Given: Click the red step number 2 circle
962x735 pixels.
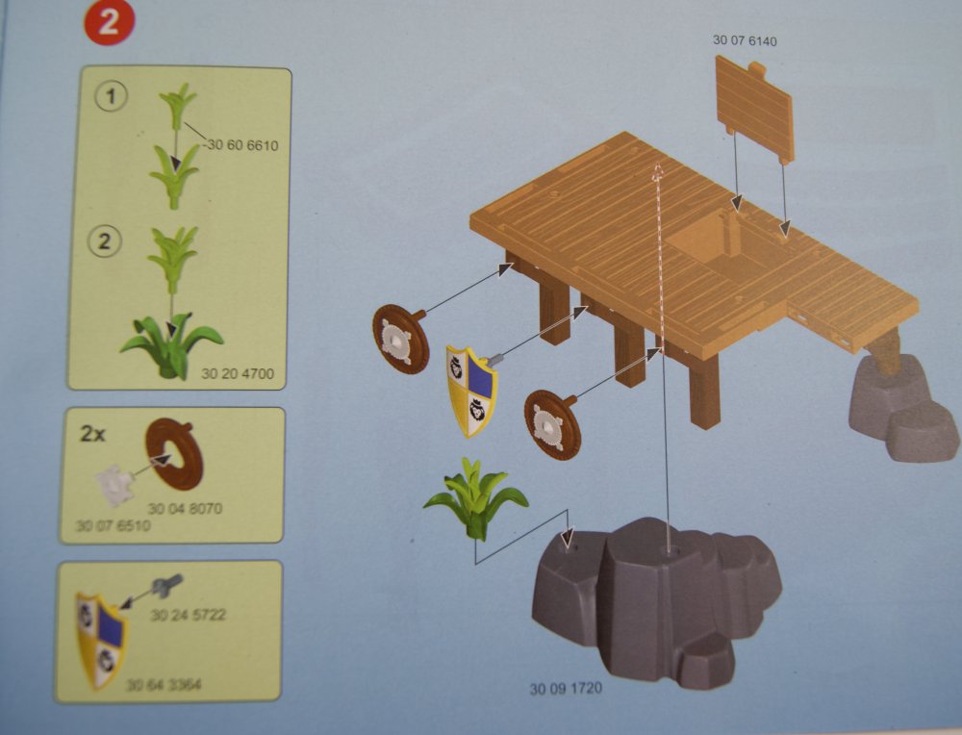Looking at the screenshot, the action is (109, 23).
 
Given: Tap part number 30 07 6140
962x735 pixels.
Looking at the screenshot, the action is (745, 40).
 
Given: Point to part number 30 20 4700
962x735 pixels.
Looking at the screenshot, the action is (238, 373).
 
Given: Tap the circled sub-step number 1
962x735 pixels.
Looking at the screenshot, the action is (111, 97).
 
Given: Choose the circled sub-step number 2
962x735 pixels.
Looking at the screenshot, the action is (105, 241).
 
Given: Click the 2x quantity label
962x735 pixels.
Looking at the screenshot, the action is (92, 434).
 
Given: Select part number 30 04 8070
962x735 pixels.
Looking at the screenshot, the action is (185, 509).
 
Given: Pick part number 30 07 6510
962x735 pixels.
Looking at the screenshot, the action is (113, 526).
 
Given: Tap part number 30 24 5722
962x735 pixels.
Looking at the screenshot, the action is (189, 614).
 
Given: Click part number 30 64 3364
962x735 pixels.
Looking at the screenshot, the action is (164, 684).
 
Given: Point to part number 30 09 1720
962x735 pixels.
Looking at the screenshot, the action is (566, 689).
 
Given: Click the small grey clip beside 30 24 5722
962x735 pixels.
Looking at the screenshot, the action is (166, 584).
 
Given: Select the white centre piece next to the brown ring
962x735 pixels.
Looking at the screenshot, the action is (114, 487).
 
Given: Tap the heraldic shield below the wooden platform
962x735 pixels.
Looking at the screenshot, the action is (471, 391).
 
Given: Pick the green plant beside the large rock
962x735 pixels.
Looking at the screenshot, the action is (475, 498).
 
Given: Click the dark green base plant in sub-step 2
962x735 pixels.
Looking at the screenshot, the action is (171, 346).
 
